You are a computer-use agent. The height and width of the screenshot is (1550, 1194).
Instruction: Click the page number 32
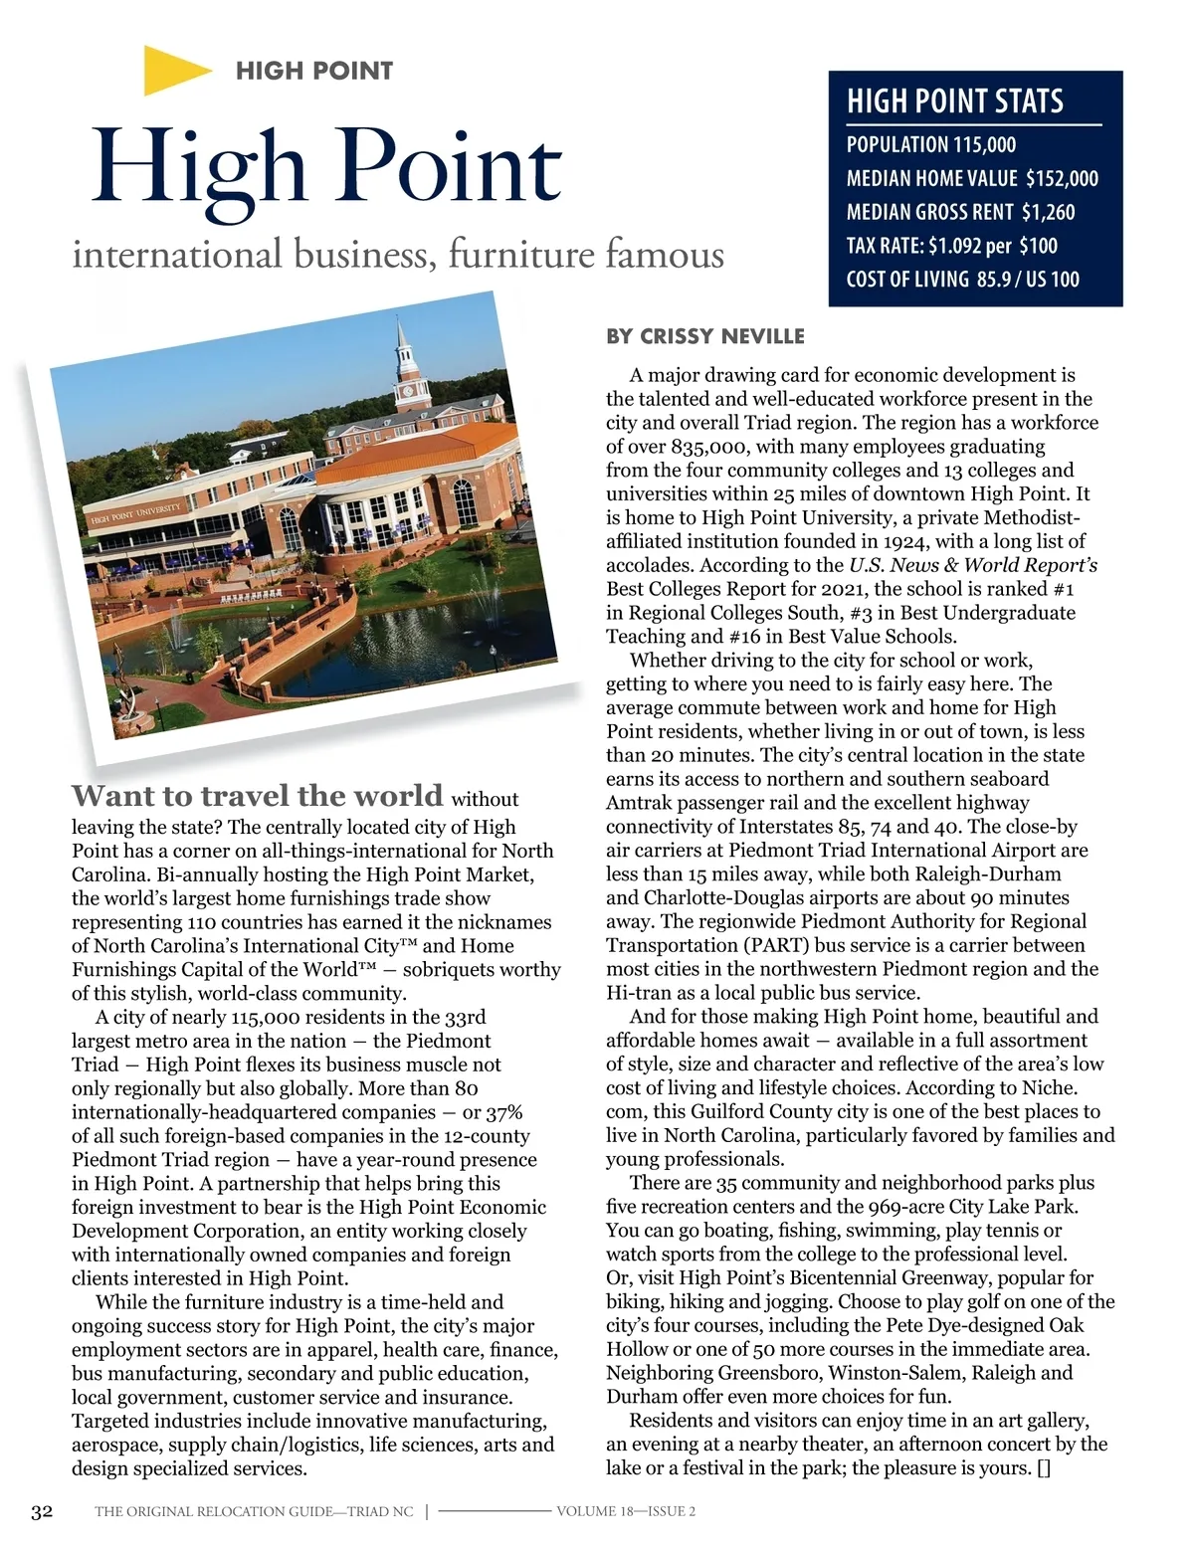click(42, 1512)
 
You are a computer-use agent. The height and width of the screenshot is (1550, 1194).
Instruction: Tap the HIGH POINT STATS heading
click(954, 101)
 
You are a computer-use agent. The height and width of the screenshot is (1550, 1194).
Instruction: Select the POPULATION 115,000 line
click(930, 145)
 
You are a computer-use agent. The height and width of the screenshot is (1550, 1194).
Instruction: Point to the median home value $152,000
click(1062, 179)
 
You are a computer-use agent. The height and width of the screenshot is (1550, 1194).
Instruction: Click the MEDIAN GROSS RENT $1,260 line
click(960, 212)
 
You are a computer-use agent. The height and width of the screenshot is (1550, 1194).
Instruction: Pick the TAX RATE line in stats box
click(951, 246)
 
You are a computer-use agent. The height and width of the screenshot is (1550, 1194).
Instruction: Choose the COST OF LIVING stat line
click(962, 280)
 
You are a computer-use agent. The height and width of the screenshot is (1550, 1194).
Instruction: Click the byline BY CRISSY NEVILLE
click(704, 336)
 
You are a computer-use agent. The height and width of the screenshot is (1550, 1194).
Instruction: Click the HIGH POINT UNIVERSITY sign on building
click(135, 513)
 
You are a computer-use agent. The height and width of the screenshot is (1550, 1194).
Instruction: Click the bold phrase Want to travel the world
click(257, 796)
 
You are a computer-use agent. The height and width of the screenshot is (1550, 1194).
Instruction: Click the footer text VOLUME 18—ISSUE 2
click(626, 1512)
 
